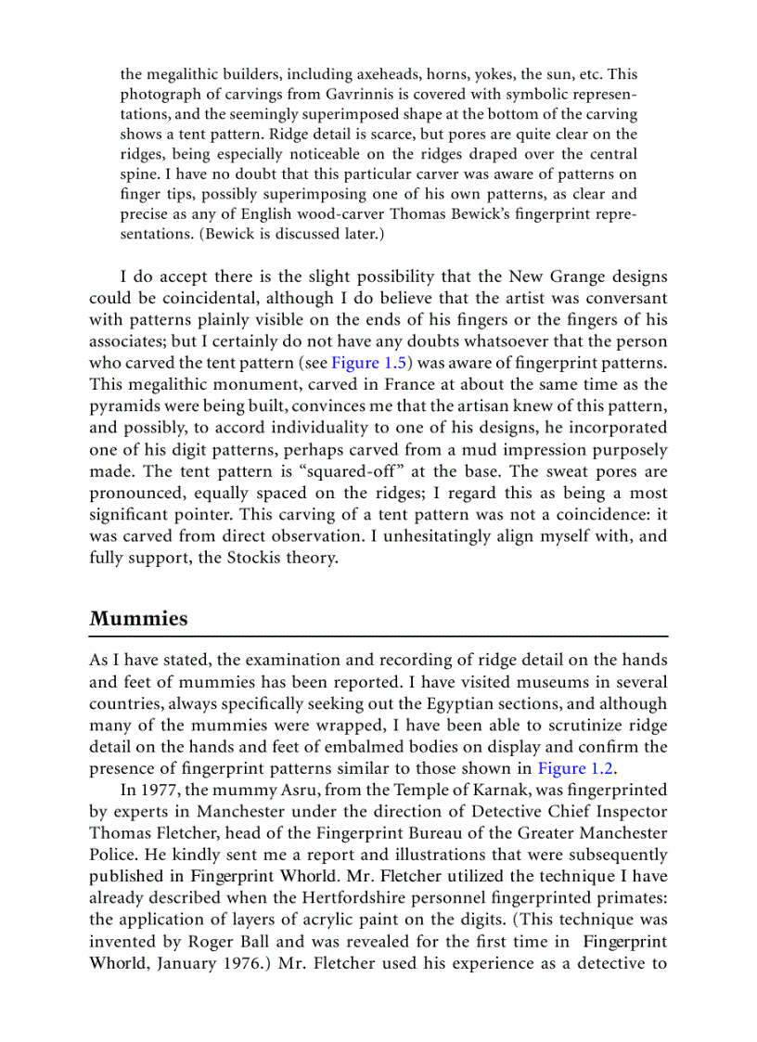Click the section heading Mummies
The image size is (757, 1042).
point(138,619)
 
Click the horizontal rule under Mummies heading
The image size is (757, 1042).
point(378,637)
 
